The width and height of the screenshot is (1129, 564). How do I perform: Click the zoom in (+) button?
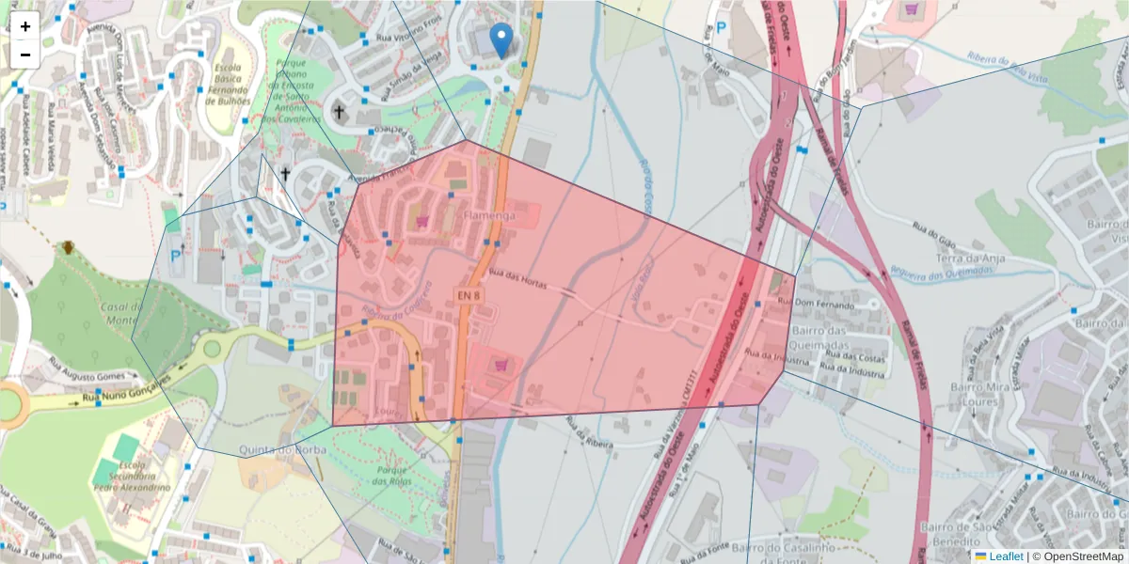(x=25, y=26)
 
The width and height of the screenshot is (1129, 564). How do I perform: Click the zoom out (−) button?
(x=25, y=55)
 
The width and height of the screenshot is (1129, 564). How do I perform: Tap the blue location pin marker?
(x=502, y=39)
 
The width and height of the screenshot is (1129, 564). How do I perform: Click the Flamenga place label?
(x=488, y=216)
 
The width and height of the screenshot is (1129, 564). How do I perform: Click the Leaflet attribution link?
(x=1005, y=556)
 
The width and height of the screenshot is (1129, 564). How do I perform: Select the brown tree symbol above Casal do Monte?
(x=68, y=248)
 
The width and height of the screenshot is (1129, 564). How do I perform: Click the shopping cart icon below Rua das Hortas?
(x=501, y=364)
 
